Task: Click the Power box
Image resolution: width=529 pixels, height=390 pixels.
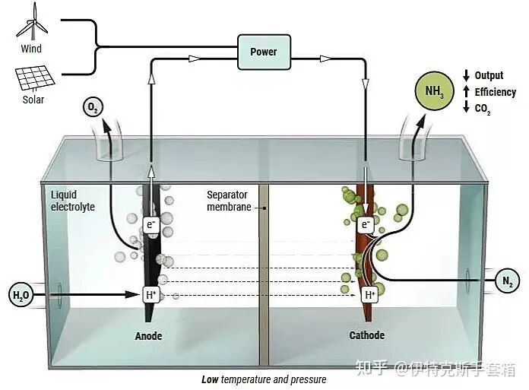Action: click(x=263, y=52)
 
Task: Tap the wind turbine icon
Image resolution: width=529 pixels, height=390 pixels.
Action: click(x=32, y=23)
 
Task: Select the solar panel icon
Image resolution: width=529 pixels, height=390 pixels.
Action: click(x=33, y=77)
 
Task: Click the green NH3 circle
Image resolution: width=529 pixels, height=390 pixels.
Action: click(x=435, y=92)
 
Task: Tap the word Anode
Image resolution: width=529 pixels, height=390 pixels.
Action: click(x=149, y=336)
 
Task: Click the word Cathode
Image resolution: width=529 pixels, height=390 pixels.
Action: click(x=367, y=335)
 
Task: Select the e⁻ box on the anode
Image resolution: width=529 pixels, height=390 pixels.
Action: click(x=151, y=224)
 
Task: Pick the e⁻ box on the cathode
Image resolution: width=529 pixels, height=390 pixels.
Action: click(x=366, y=225)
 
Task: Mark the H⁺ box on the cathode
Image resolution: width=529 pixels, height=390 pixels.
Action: click(x=370, y=294)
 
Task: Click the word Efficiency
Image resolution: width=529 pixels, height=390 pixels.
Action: click(x=496, y=93)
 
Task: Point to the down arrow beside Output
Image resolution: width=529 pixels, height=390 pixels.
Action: click(x=466, y=75)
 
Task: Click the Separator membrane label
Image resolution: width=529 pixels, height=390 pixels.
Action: click(x=229, y=201)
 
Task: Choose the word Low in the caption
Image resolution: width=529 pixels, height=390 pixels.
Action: click(x=211, y=379)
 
